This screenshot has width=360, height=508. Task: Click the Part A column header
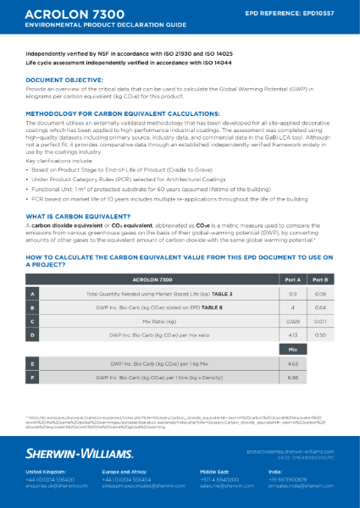coord(292,278)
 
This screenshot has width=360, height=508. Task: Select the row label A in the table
coord(33,292)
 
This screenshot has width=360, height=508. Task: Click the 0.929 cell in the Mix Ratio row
coord(292,321)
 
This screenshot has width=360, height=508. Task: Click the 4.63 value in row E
coord(292,361)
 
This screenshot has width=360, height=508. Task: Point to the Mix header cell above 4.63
coord(292,347)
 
